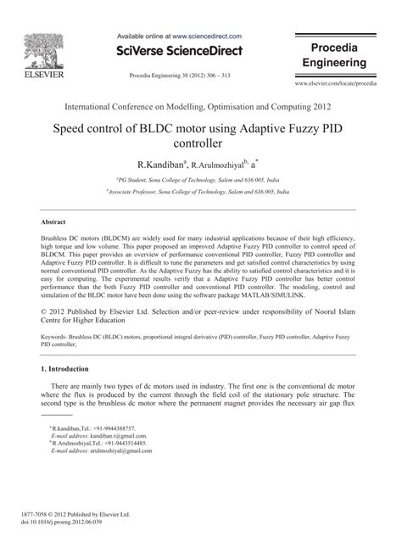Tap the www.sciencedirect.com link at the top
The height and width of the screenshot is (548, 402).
pyautogui.click(x=207, y=37)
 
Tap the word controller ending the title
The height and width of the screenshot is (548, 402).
pyautogui.click(x=201, y=143)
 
